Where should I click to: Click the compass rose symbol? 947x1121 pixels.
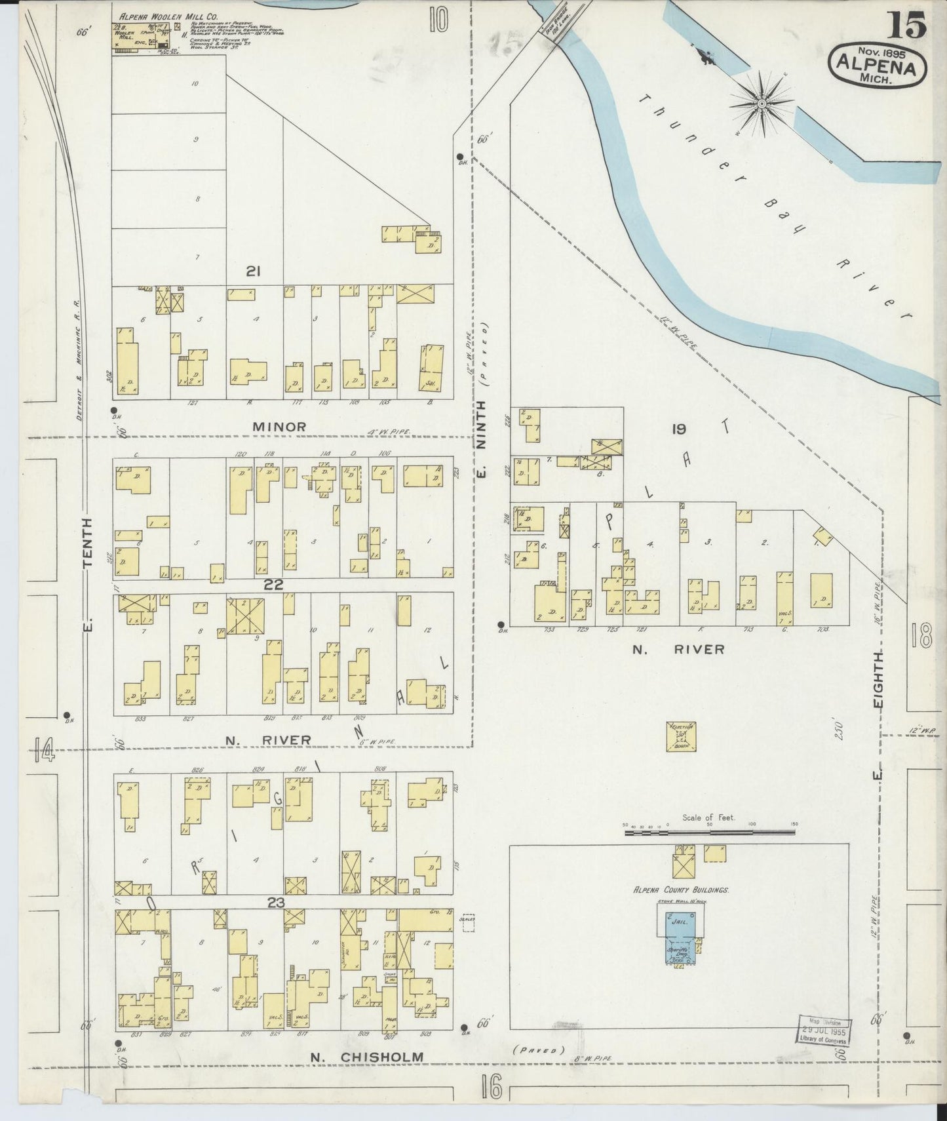coord(763,104)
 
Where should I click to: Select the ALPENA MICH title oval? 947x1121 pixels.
coord(878,66)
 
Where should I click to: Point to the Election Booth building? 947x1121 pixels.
coord(681,737)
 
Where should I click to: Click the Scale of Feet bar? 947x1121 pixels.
coord(709,832)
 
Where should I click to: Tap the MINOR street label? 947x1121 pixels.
coord(280,427)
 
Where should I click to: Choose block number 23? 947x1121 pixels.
coord(275,903)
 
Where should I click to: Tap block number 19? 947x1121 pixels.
coord(678,429)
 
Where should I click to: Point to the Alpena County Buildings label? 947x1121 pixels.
coord(681,890)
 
